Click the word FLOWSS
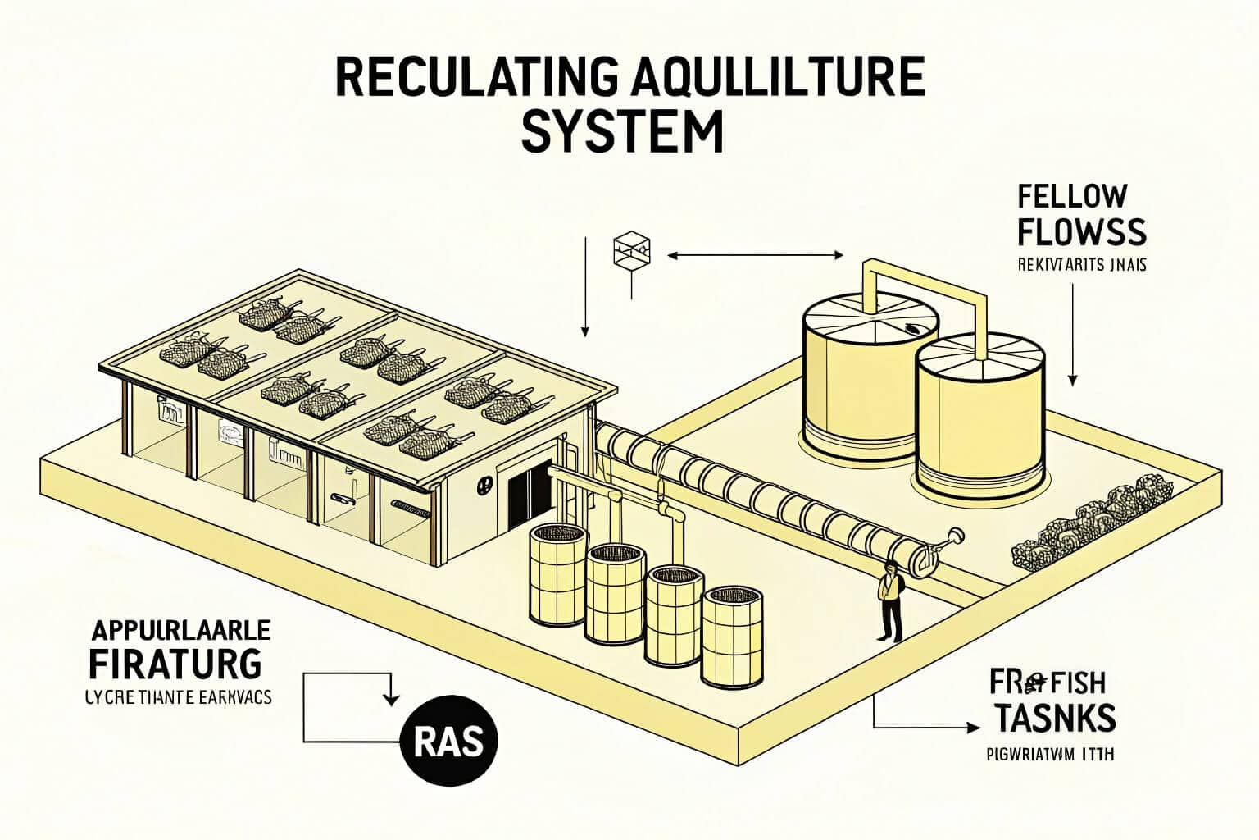[x=1081, y=232]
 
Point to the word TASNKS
[x=1055, y=717]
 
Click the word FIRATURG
[x=175, y=663]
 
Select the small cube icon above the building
[x=631, y=250]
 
